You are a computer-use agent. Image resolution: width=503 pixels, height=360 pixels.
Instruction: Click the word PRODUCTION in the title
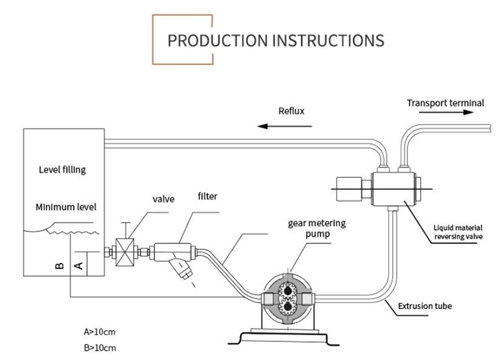coord(215,40)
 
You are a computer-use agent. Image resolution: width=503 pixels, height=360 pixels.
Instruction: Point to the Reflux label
coord(291,111)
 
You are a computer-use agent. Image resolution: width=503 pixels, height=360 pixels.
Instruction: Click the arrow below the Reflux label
coord(282,125)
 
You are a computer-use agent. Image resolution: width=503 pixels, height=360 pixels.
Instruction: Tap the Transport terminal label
coord(445,103)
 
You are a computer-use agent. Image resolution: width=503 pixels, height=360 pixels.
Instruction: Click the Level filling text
coord(62,170)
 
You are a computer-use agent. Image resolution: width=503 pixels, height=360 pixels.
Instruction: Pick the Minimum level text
coord(66,207)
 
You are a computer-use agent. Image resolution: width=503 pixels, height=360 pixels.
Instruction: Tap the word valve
coord(164,199)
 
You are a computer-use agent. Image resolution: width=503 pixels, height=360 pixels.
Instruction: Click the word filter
coord(207,196)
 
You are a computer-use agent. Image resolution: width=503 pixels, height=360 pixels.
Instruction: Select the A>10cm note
coord(99,331)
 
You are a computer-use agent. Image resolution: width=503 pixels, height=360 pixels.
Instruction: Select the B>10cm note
coord(99,347)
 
